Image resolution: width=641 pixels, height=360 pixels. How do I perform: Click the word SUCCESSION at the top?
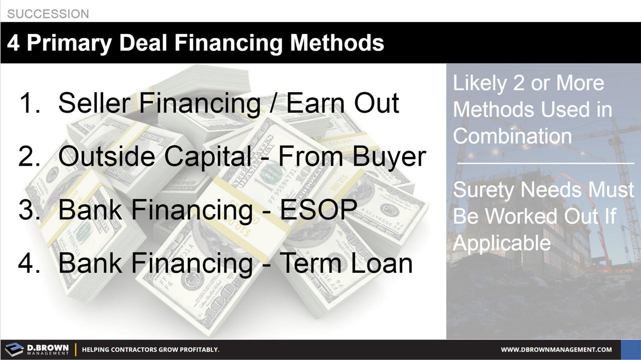tap(48, 14)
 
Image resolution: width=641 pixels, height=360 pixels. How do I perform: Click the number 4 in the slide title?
tap(14, 43)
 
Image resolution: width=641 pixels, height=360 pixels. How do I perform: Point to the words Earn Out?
tap(343, 103)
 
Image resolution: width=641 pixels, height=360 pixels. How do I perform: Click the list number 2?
tap(29, 157)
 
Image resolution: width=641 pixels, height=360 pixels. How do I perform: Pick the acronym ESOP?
tap(318, 210)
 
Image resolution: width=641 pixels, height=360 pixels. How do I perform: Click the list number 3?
tap(29, 210)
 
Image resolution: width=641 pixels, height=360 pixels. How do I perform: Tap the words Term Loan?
tap(346, 263)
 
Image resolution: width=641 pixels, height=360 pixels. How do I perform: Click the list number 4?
tap(29, 263)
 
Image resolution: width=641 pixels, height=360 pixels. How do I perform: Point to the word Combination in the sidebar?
tap(512, 136)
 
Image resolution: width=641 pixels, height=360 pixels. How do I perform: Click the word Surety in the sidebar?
tap(484, 190)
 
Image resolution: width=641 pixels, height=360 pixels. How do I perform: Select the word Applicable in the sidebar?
tap(501, 243)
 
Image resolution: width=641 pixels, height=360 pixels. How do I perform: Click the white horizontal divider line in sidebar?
tap(545, 163)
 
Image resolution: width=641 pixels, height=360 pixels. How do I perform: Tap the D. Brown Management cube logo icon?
tap(14, 349)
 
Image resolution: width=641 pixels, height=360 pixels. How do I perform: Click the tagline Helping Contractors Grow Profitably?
tap(150, 349)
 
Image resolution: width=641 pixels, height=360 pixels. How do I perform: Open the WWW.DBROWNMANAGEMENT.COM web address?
tap(556, 349)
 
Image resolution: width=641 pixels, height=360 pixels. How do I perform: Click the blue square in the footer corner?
tap(630, 349)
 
